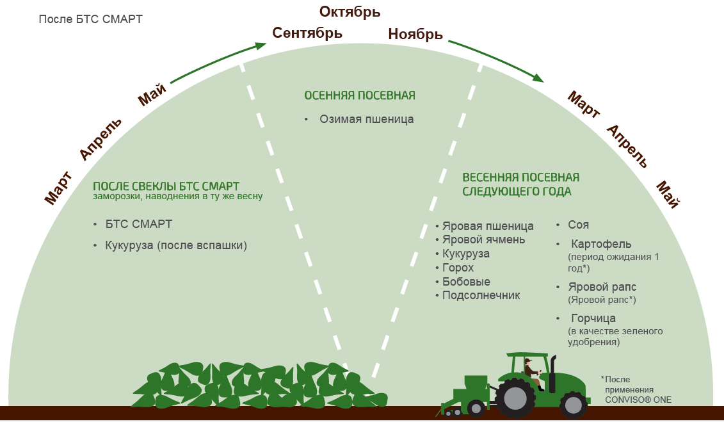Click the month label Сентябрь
pyautogui.click(x=307, y=33)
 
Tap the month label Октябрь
pyautogui.click(x=350, y=12)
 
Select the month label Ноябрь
pyautogui.click(x=415, y=34)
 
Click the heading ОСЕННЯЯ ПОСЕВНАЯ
pyautogui.click(x=360, y=95)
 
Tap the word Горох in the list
pyautogui.click(x=458, y=268)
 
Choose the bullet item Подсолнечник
pyautogui.click(x=481, y=295)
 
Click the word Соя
pyautogui.click(x=578, y=225)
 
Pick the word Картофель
pyautogui.click(x=601, y=244)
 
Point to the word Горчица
pyautogui.click(x=593, y=318)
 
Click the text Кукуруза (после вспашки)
pyautogui.click(x=176, y=245)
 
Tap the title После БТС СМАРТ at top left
pyautogui.click(x=90, y=19)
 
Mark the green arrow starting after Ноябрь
pyautogui.click(x=497, y=61)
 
